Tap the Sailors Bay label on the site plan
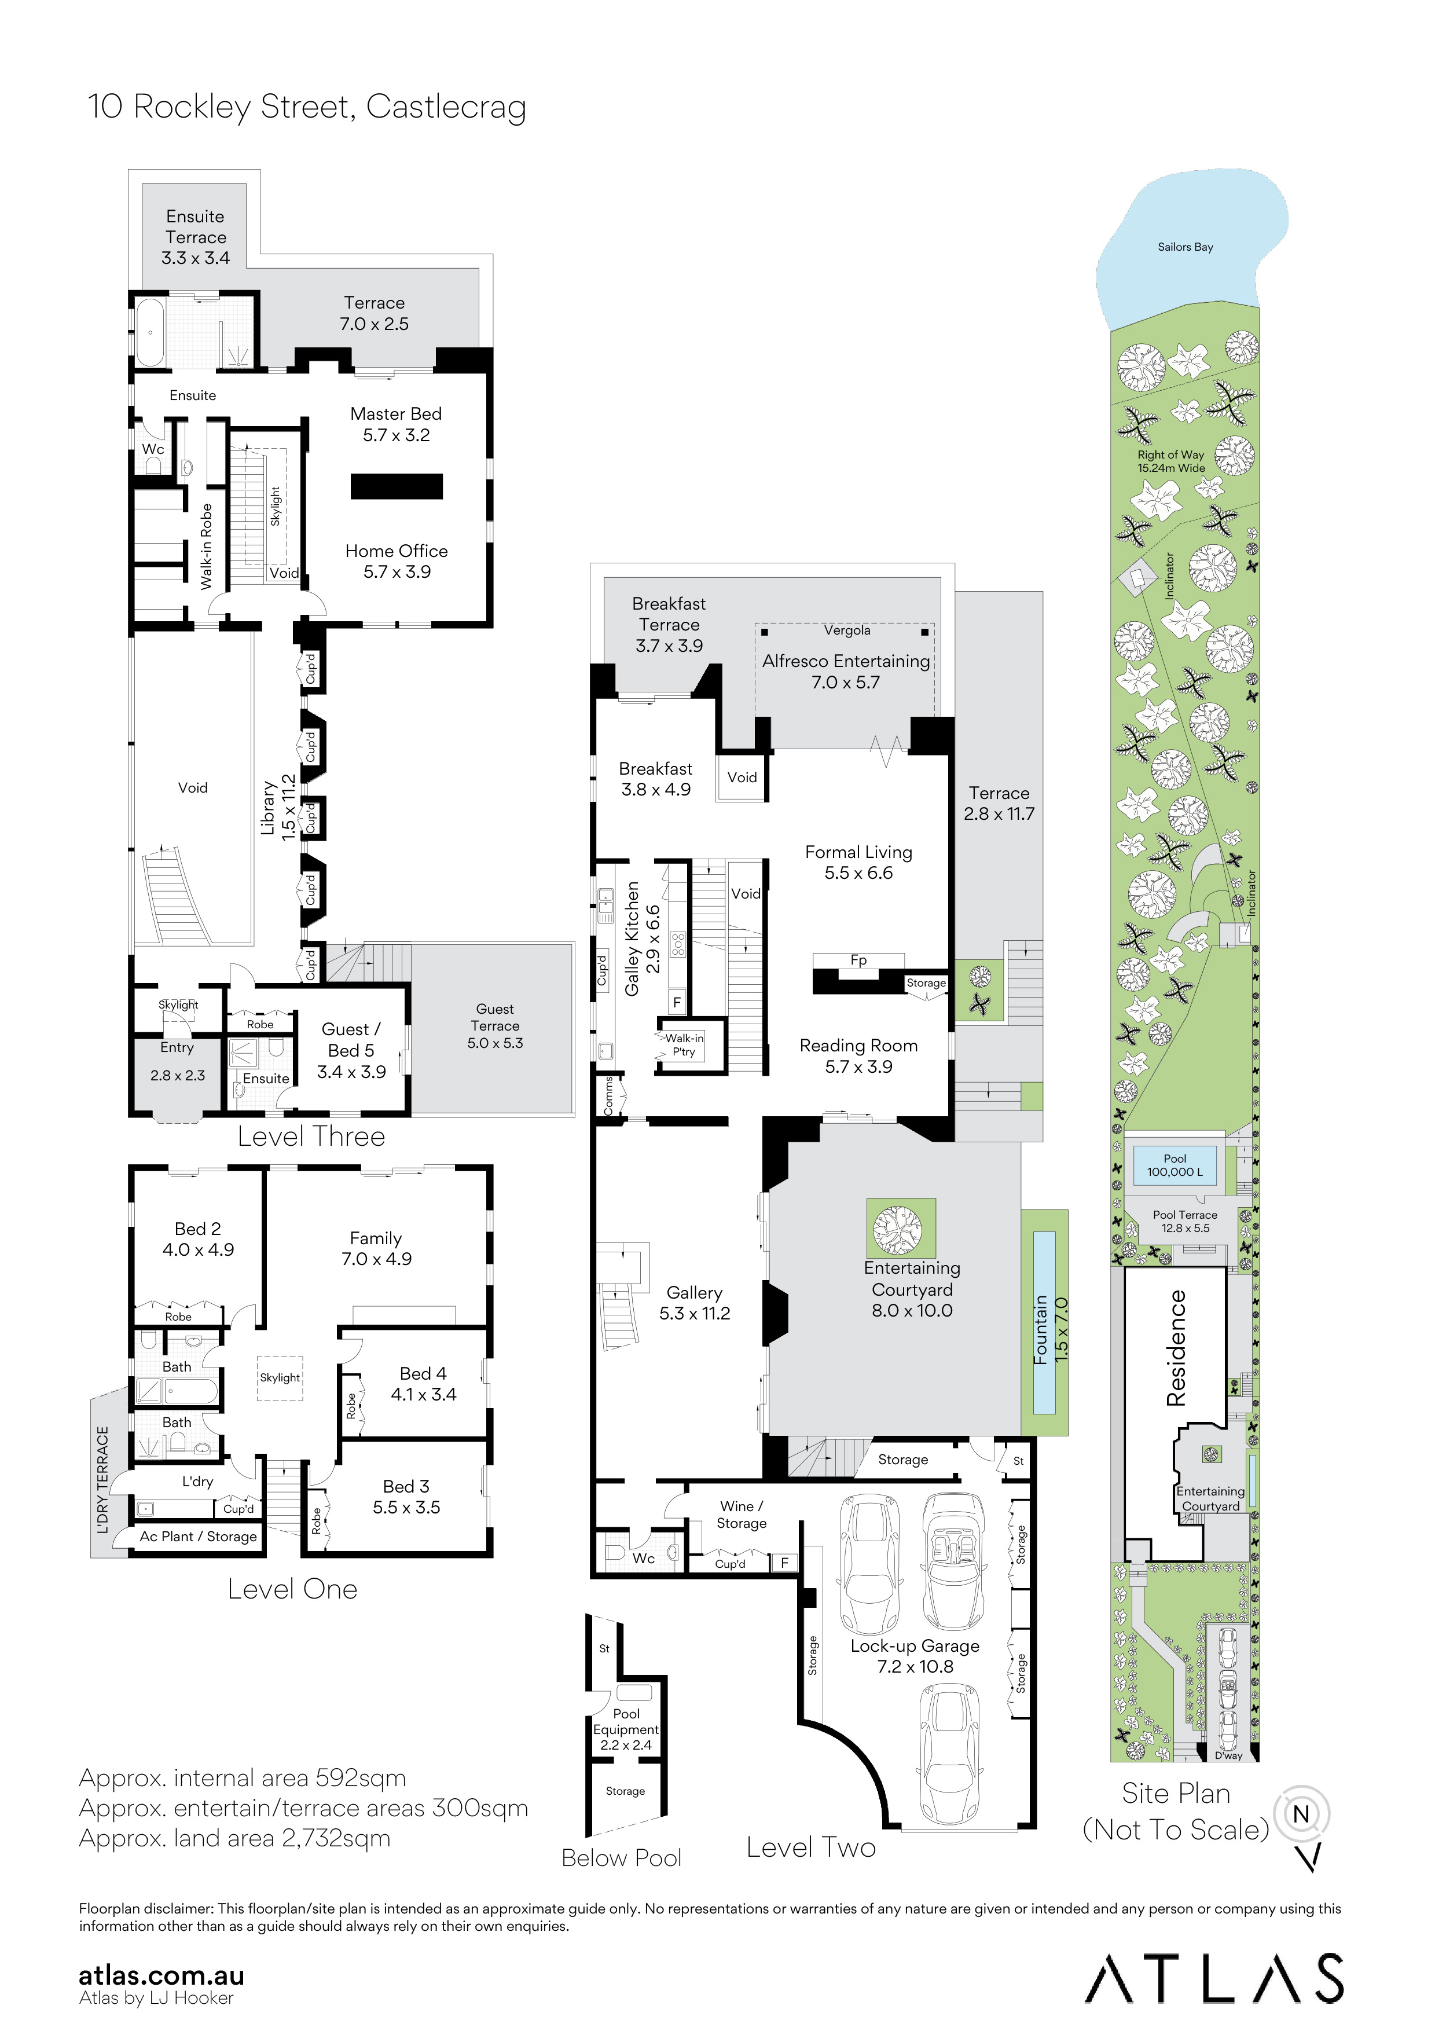pos(1185,247)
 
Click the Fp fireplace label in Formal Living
pos(858,960)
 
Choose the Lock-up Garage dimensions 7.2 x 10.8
pos(915,1667)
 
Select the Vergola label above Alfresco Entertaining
pos(847,630)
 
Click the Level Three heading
pos(311,1137)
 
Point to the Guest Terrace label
pos(495,1026)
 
